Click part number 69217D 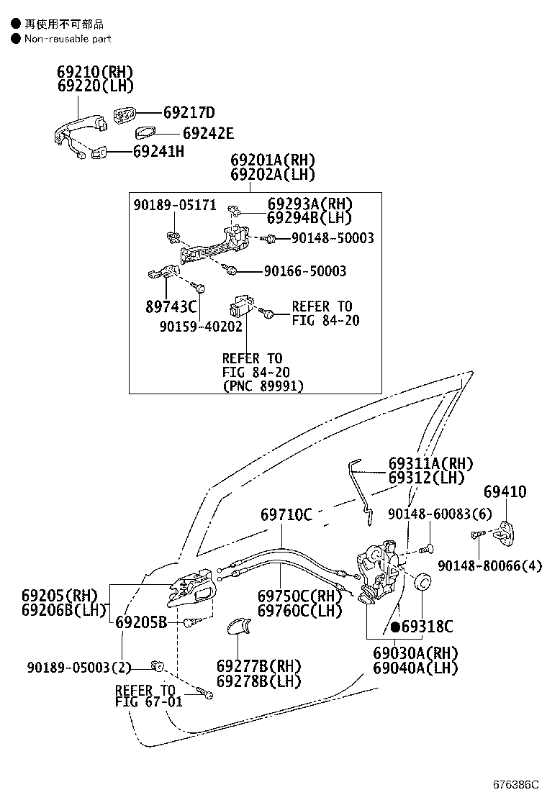pyautogui.click(x=189, y=112)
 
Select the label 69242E pyautogui.click(x=208, y=133)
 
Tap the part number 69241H pyautogui.click(x=158, y=152)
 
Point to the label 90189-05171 pyautogui.click(x=175, y=205)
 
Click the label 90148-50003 pyautogui.click(x=333, y=238)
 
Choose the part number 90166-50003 pyautogui.click(x=305, y=271)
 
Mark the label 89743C pyautogui.click(x=171, y=306)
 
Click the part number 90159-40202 pyautogui.click(x=201, y=327)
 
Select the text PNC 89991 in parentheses pyautogui.click(x=263, y=386)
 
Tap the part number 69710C pyautogui.click(x=286, y=514)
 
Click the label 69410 pyautogui.click(x=505, y=492)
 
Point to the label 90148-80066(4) pyautogui.click(x=490, y=565)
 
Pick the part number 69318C pyautogui.click(x=427, y=627)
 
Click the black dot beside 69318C pyautogui.click(x=395, y=627)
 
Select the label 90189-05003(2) pyautogui.click(x=79, y=668)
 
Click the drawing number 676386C pyautogui.click(x=516, y=784)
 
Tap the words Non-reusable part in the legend pyautogui.click(x=68, y=39)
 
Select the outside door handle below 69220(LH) pyautogui.click(x=80, y=134)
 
